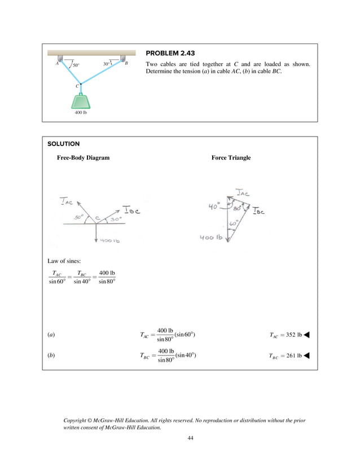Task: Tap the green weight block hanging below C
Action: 81,100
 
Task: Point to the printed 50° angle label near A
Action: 76,65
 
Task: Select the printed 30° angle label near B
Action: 107,64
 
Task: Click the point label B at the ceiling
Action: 126,64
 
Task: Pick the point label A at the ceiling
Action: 57,64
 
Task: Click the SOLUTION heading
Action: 64,144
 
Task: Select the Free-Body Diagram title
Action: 83,158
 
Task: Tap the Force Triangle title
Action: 231,158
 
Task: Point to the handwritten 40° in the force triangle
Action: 213,206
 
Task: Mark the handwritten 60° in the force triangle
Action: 231,224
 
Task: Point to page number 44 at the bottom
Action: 190,438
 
